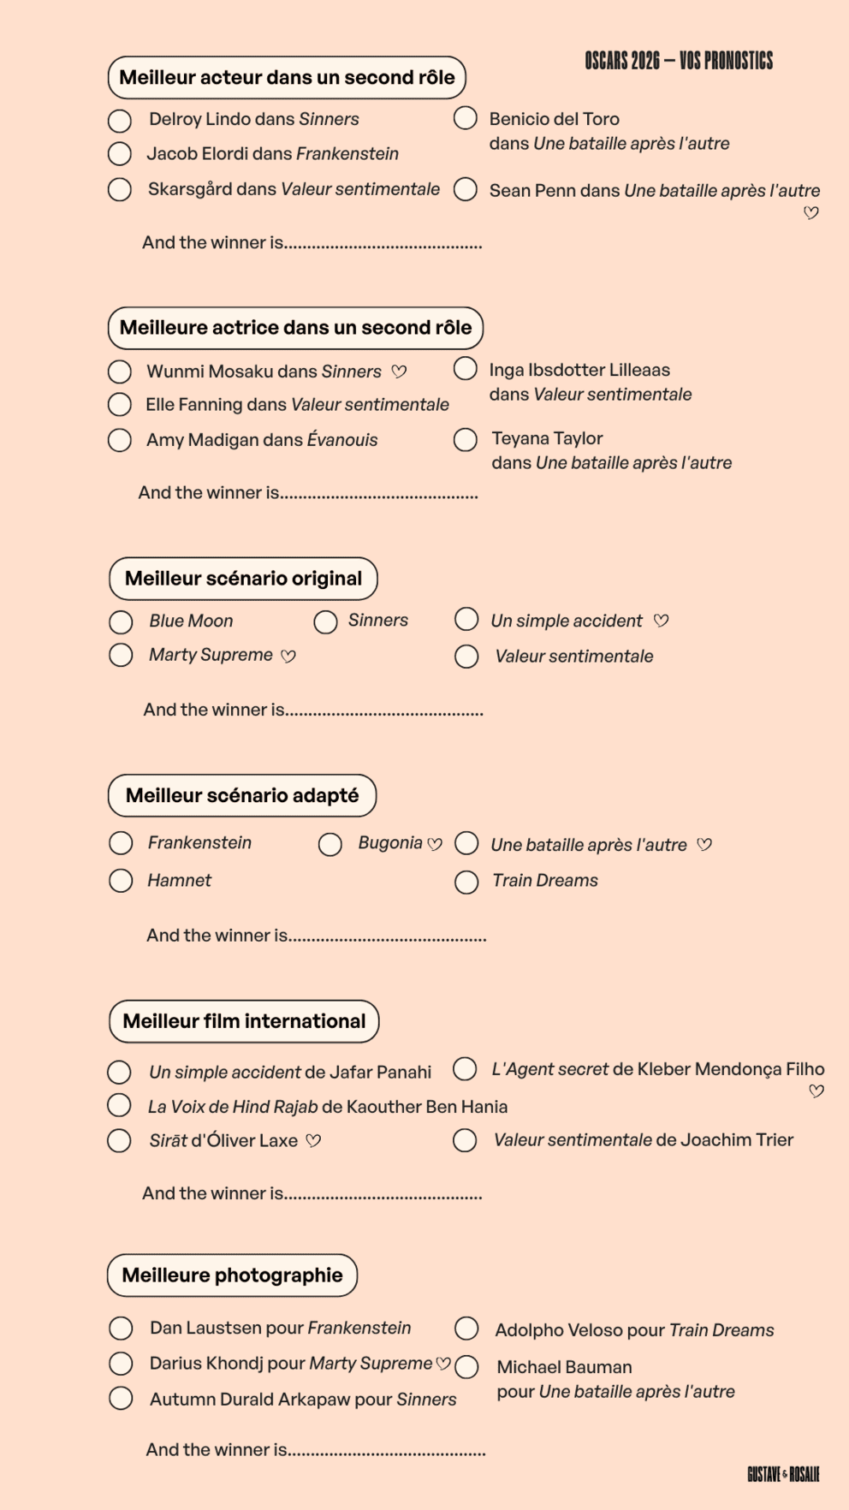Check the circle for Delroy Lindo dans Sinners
[x=120, y=121]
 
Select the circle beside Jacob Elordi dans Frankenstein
[x=120, y=154]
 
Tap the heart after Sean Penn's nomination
[x=811, y=213]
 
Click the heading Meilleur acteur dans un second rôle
[x=287, y=78]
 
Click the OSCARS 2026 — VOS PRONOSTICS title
[x=679, y=61]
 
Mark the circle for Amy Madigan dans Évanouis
[x=120, y=440]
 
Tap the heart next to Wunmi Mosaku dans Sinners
[x=399, y=372]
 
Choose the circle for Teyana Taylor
[x=466, y=440]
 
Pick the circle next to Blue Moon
[x=121, y=621]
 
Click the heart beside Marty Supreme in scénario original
[x=288, y=657]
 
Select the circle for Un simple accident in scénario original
[x=466, y=619]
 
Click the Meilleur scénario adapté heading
[x=242, y=796]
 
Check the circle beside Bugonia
[x=330, y=845]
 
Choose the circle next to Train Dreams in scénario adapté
[x=466, y=883]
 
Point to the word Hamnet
[x=179, y=881]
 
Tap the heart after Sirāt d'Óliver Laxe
[x=313, y=1141]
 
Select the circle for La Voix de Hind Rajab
[x=119, y=1105]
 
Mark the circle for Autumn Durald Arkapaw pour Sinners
[x=121, y=1399]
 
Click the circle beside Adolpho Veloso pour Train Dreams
[x=466, y=1329]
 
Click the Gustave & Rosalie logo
[x=783, y=1474]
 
